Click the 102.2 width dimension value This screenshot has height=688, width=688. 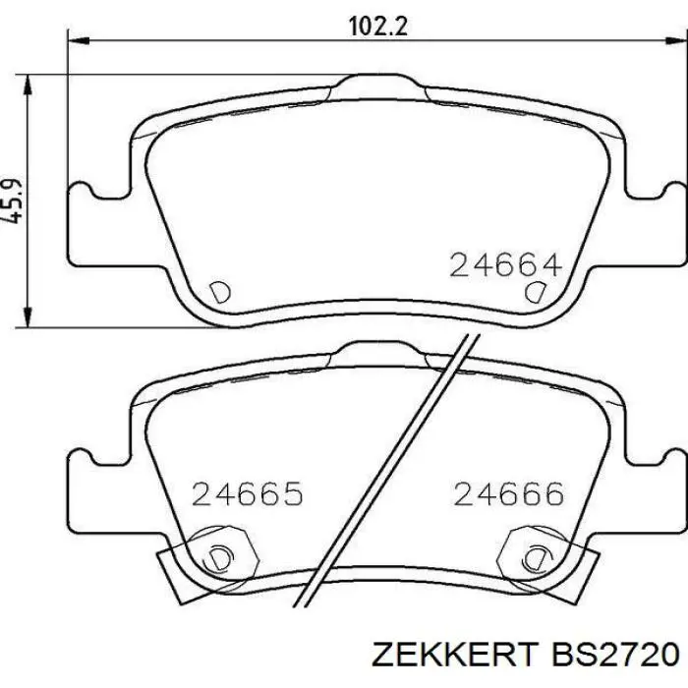click(x=378, y=27)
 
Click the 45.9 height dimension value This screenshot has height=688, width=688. click(x=12, y=201)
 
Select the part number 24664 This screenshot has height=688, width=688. click(x=505, y=264)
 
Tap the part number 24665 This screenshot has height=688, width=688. click(x=248, y=493)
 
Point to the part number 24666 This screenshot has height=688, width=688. click(x=508, y=493)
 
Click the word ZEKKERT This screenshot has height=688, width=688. click(x=454, y=655)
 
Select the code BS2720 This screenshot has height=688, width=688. click(x=615, y=655)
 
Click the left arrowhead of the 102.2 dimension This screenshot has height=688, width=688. click(x=79, y=41)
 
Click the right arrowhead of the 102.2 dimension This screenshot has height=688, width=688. click(x=676, y=41)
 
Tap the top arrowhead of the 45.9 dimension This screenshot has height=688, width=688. click(x=28, y=85)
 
